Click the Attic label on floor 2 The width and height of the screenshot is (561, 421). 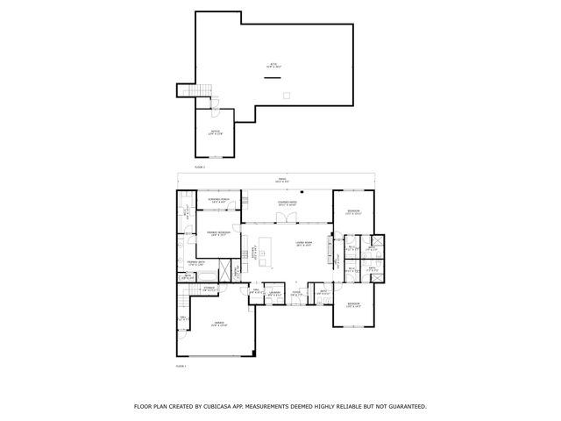[x=273, y=66]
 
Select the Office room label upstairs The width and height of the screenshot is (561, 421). [x=215, y=132]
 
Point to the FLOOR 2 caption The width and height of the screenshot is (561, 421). [x=199, y=166]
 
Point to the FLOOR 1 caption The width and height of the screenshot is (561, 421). [x=181, y=365]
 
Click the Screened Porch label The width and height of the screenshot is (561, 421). [x=218, y=201]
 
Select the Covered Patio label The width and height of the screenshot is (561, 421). [x=287, y=203]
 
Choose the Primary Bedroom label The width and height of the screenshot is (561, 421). [x=217, y=233]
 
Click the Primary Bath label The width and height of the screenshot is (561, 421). [x=196, y=263]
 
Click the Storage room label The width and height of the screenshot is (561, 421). [x=209, y=287]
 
